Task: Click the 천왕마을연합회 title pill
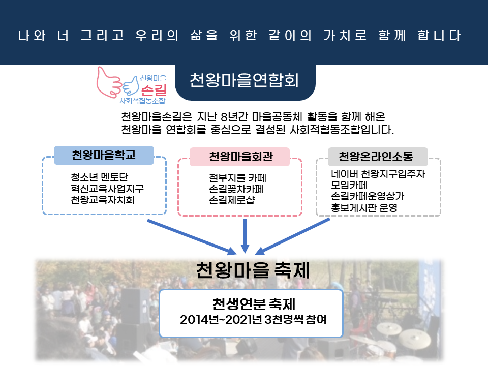245,81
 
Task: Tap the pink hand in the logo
107,83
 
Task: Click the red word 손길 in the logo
154,90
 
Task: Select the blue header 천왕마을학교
104,155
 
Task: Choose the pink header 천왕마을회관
239,157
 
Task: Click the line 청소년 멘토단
99,177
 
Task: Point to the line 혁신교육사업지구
107,188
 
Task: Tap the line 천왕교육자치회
102,199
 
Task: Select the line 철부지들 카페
237,178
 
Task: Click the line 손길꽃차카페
236,189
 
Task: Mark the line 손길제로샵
232,200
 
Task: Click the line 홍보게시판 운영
364,207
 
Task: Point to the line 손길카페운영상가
368,196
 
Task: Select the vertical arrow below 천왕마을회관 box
245,236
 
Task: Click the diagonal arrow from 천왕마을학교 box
192,237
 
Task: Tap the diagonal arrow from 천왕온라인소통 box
292,236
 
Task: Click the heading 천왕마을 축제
253,270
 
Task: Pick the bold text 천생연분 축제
254,304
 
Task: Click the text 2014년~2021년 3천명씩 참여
253,320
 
